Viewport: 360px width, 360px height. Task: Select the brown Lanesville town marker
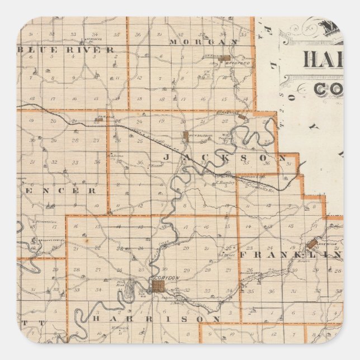(311, 244)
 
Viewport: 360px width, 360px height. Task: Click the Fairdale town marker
(100, 119)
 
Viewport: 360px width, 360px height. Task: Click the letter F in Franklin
(244, 254)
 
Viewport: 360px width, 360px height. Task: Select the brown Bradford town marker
(225, 58)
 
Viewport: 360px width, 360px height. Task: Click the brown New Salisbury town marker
(186, 135)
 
